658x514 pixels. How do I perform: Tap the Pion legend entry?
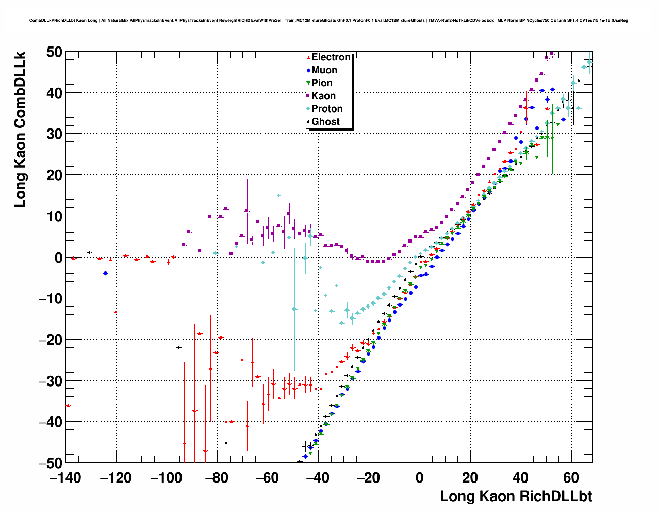(321, 83)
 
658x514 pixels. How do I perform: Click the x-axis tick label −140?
(65, 478)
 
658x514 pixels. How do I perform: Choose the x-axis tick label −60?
(268, 478)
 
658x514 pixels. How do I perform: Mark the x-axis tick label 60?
(571, 478)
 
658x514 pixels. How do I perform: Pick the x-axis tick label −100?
(166, 478)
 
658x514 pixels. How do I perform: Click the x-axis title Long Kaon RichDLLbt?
(516, 496)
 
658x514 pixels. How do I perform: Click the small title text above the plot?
(328, 21)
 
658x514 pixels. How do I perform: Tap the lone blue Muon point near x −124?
(105, 273)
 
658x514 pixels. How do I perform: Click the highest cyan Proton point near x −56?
(278, 196)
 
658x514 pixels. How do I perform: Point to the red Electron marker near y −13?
(116, 312)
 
